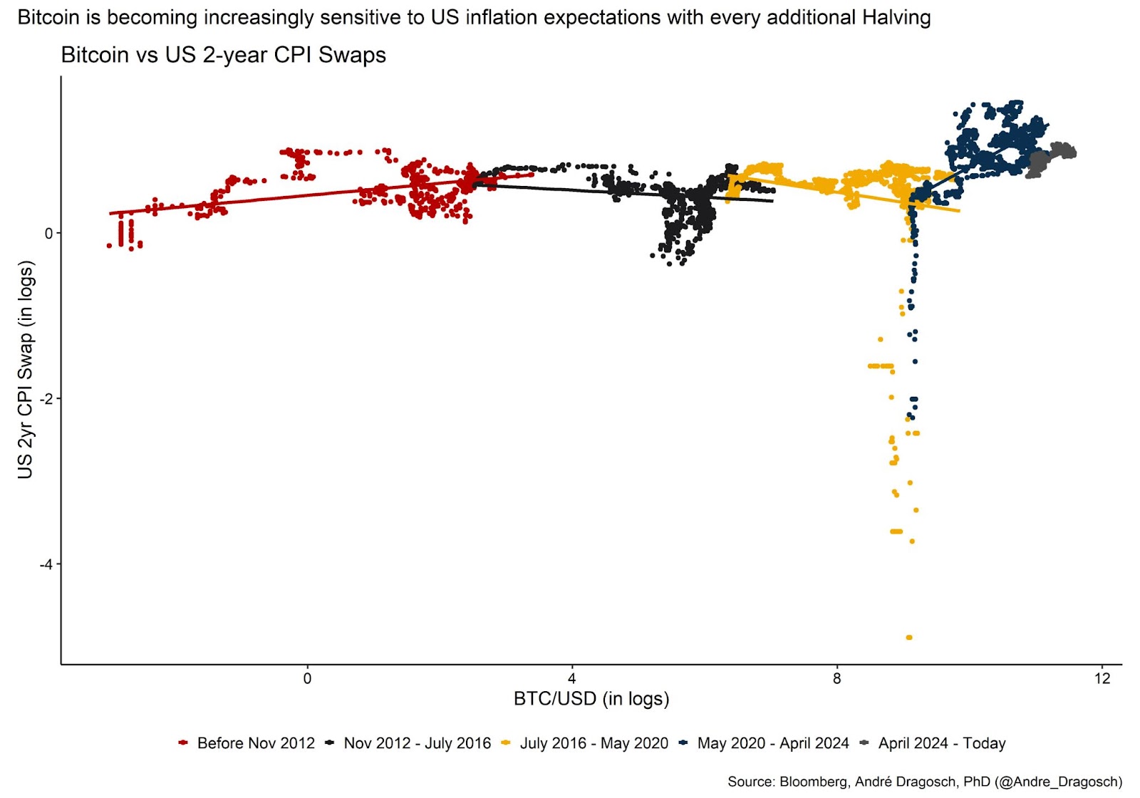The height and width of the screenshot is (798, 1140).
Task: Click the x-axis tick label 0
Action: (307, 679)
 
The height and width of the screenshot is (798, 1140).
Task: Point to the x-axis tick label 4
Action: (572, 679)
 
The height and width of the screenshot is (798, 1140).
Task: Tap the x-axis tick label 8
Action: (837, 679)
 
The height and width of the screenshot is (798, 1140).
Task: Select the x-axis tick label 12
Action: (1102, 679)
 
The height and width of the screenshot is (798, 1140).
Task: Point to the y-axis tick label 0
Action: (48, 234)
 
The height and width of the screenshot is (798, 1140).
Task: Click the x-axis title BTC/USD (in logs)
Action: (591, 699)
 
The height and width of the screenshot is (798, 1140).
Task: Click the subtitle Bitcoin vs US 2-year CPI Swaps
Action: (224, 55)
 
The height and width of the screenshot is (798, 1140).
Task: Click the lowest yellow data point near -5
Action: (908, 638)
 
